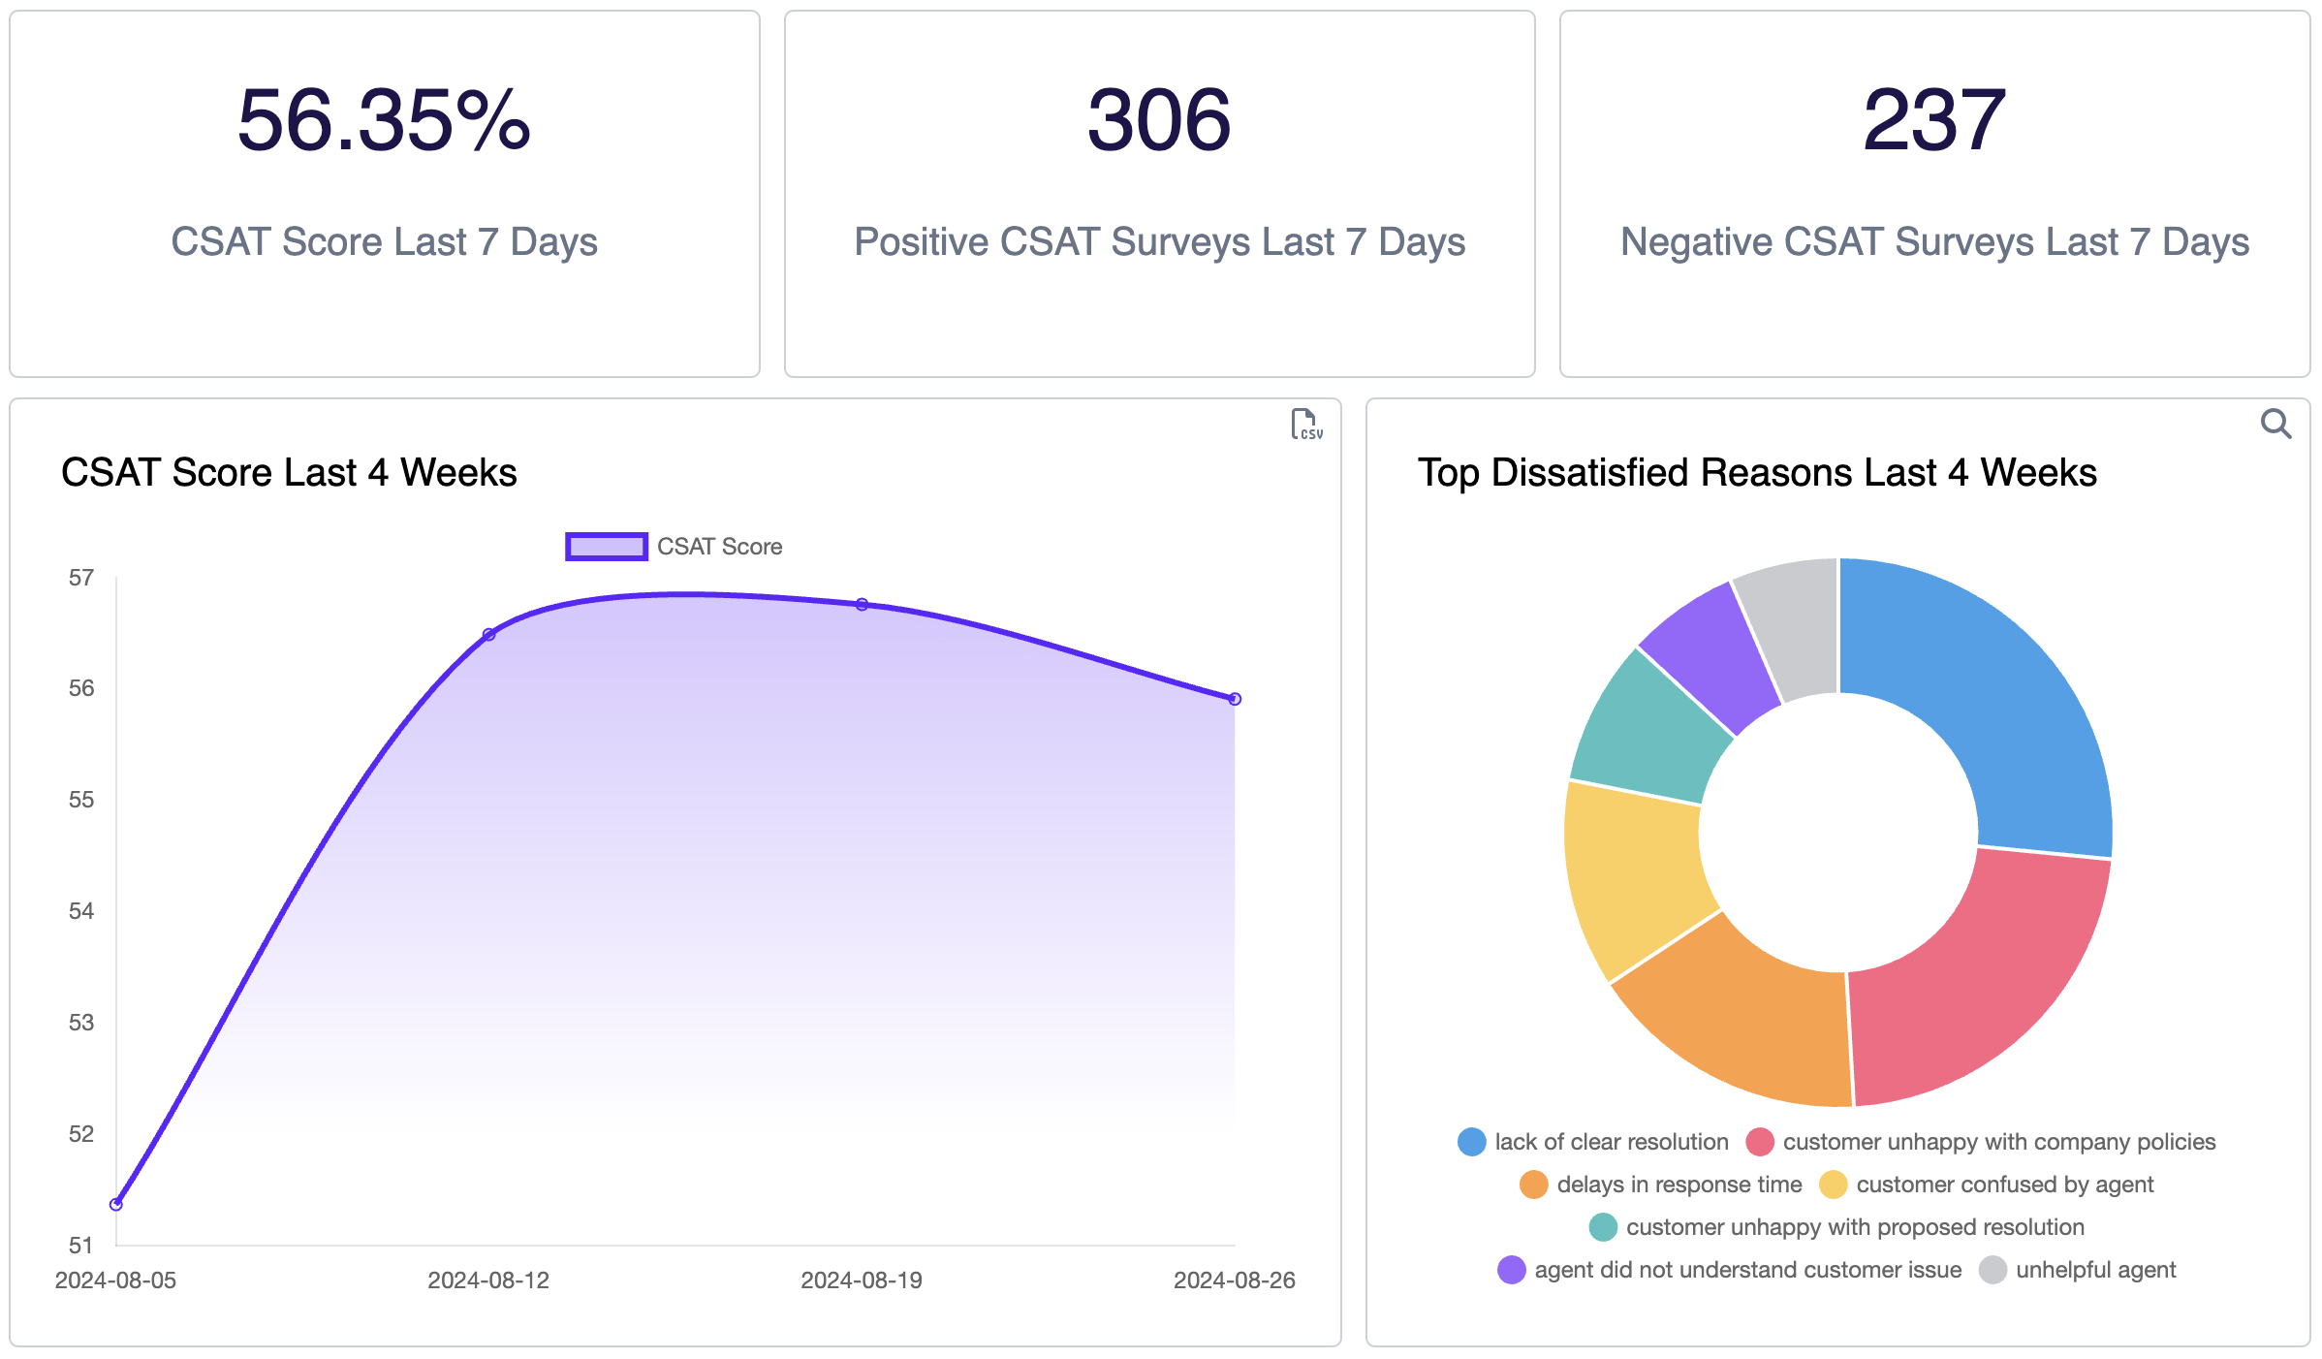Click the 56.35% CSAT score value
[384, 121]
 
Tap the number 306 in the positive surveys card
[1159, 121]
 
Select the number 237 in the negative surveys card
[1934, 121]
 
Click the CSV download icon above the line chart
[1305, 425]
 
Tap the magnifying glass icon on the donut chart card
[2275, 424]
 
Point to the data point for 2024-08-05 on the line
[116, 1204]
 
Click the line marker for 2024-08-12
[489, 634]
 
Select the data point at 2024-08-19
[862, 604]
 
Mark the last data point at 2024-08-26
[1235, 699]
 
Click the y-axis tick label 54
[81, 911]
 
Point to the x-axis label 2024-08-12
[488, 1280]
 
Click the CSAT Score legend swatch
[607, 547]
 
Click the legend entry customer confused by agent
[2004, 1185]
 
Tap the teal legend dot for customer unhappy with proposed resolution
[1603, 1227]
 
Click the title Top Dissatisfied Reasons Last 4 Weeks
[1756, 473]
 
